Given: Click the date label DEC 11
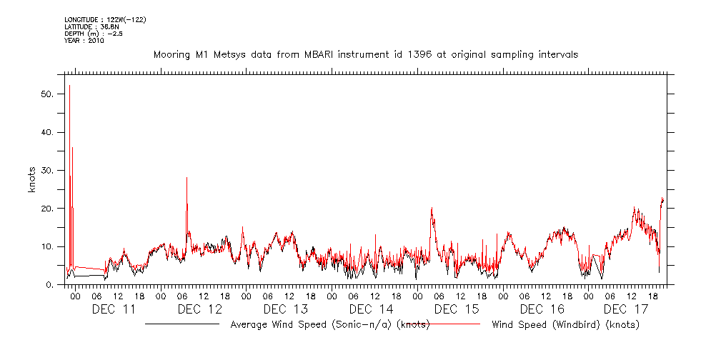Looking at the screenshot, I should (x=114, y=309).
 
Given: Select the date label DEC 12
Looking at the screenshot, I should (x=199, y=309).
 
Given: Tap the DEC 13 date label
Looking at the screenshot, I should (x=285, y=309).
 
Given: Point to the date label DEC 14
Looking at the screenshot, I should (x=371, y=309).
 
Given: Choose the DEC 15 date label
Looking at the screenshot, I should (x=457, y=309).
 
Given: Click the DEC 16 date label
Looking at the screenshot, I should (x=542, y=309).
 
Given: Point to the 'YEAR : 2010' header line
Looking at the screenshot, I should (x=84, y=41).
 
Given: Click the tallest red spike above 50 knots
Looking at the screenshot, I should (x=69, y=86).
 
